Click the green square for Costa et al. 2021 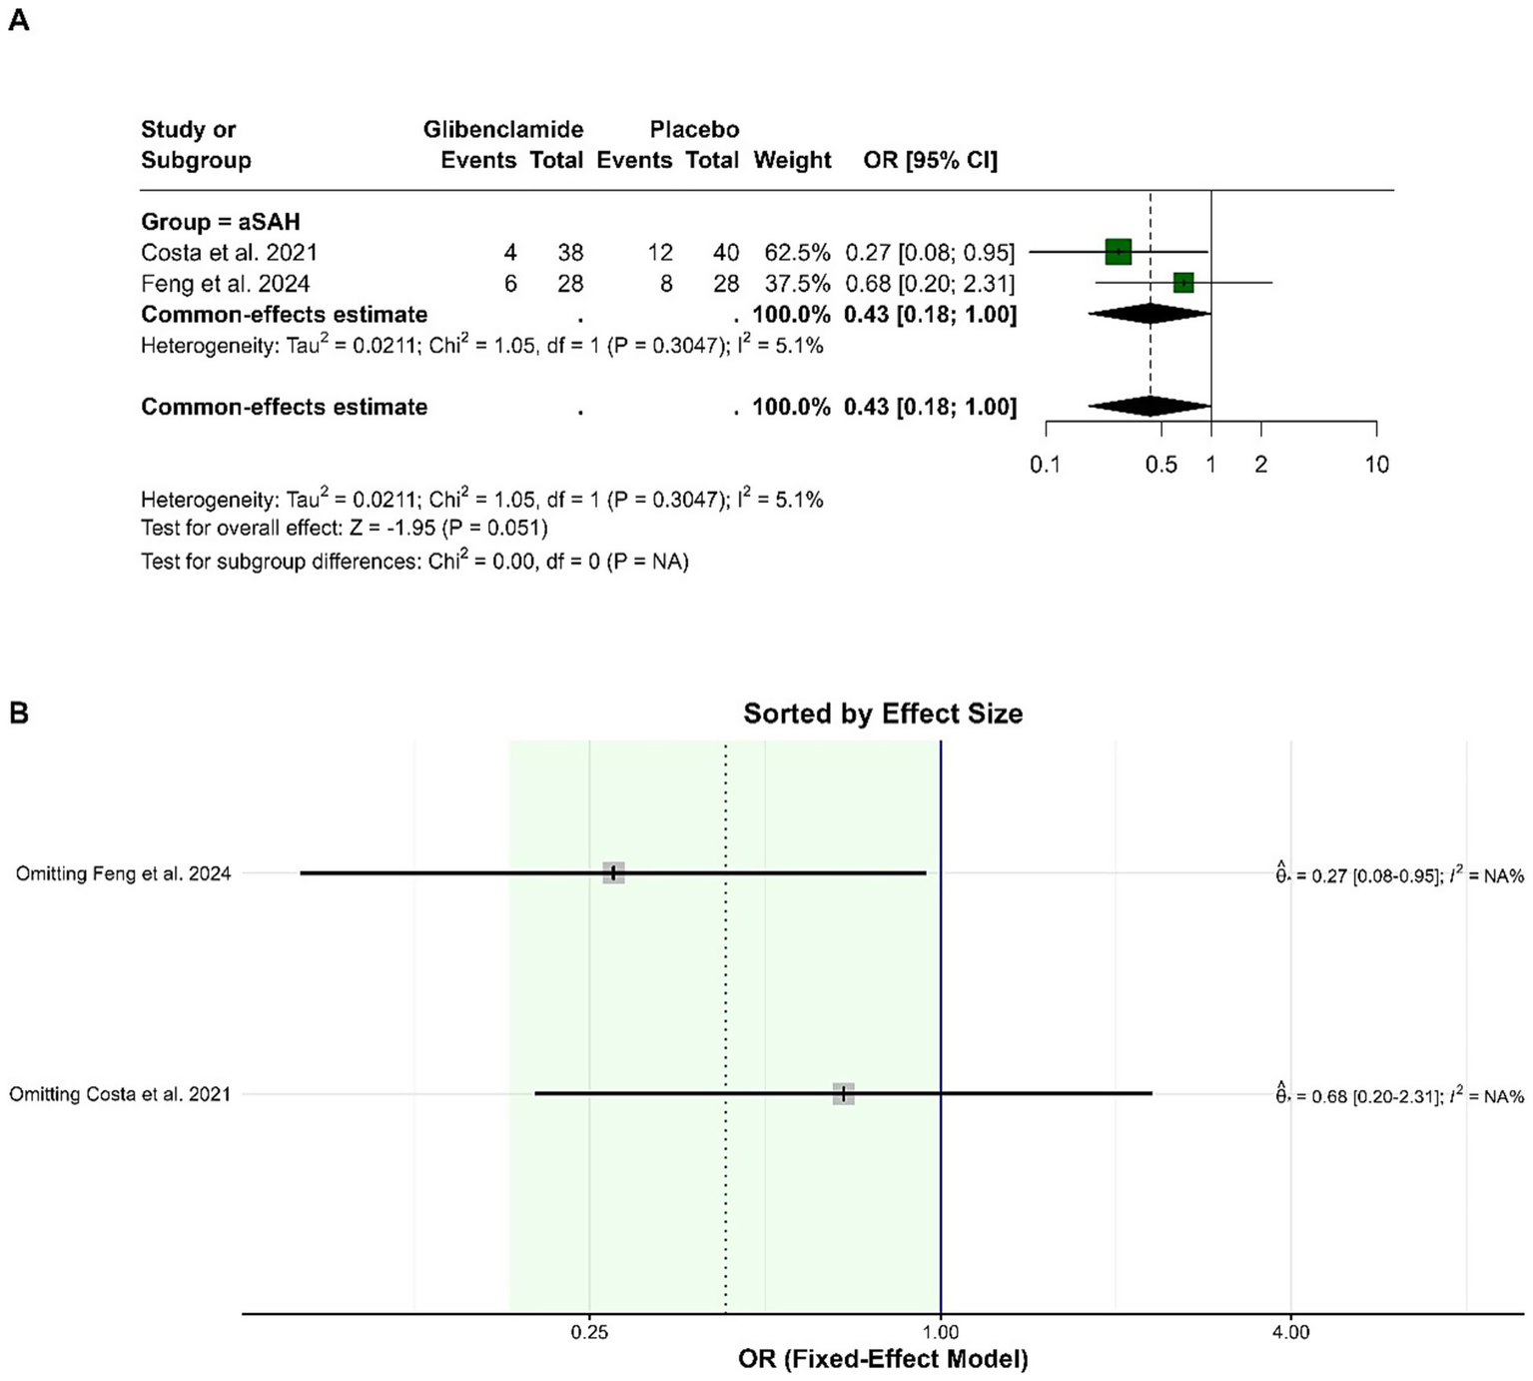pyautogui.click(x=1118, y=252)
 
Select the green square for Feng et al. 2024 pyautogui.click(x=1183, y=283)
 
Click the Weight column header pyautogui.click(x=792, y=160)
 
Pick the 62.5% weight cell pyautogui.click(x=797, y=253)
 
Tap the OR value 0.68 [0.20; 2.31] pyautogui.click(x=929, y=284)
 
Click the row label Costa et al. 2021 pyautogui.click(x=229, y=253)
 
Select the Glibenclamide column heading pyautogui.click(x=503, y=129)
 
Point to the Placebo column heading pyautogui.click(x=694, y=129)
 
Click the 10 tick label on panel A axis pyautogui.click(x=1376, y=465)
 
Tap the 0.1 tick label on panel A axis pyautogui.click(x=1045, y=465)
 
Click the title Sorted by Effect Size pyautogui.click(x=882, y=713)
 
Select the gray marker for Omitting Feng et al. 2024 pyautogui.click(x=613, y=872)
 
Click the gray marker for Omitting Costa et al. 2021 pyautogui.click(x=844, y=1093)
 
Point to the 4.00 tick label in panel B pyautogui.click(x=1290, y=1332)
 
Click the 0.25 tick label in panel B pyautogui.click(x=589, y=1332)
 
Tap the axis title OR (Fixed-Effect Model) pyautogui.click(x=882, y=1359)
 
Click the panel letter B pyautogui.click(x=19, y=712)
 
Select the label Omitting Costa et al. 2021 pyautogui.click(x=120, y=1094)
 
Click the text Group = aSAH pyautogui.click(x=220, y=222)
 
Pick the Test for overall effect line pyautogui.click(x=344, y=528)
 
